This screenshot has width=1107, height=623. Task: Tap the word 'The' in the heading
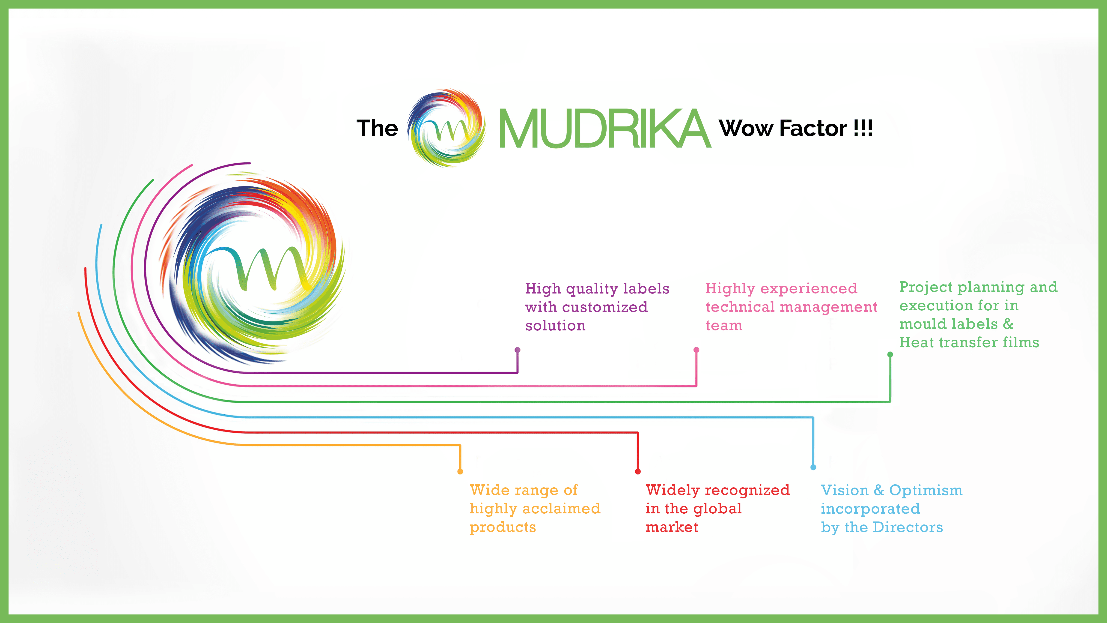pos(377,128)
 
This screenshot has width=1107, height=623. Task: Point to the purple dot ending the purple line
pos(517,350)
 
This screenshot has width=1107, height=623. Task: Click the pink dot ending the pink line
pos(696,350)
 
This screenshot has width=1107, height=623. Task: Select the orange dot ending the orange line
pos(460,472)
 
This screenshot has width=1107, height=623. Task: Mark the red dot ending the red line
pos(638,472)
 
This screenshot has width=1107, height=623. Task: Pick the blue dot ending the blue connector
pos(813,467)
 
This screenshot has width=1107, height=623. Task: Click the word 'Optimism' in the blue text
pos(926,490)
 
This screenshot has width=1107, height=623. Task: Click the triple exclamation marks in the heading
pos(863,128)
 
